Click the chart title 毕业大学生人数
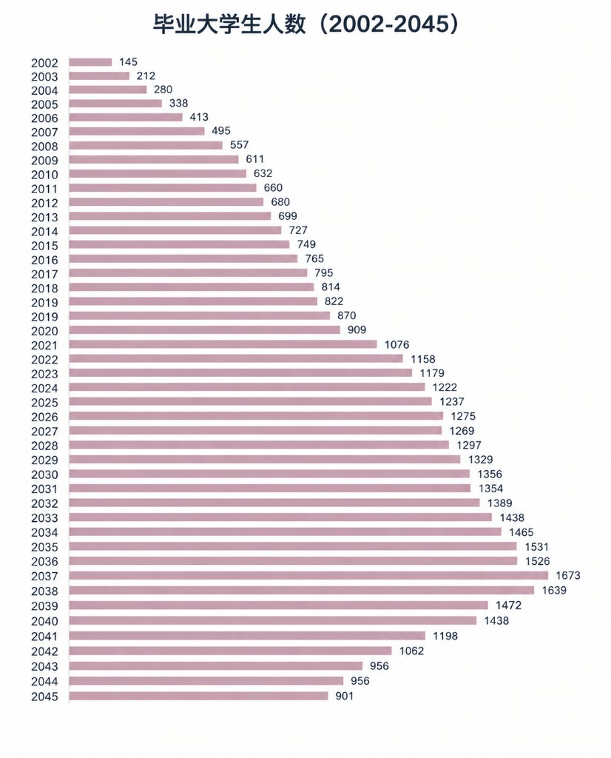coord(230,25)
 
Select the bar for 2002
coord(90,62)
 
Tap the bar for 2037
coord(308,575)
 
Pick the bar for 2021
coord(223,344)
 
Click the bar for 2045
coord(198,696)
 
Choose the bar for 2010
coord(158,173)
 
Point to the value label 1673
coord(568,575)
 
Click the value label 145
coord(129,62)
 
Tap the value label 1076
coord(396,345)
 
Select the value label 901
coord(345,696)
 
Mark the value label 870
coord(347,315)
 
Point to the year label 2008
coord(44,147)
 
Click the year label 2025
coord(44,403)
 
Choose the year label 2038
coord(44,591)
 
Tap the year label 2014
coord(44,232)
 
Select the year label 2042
coord(44,651)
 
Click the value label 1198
coord(445,636)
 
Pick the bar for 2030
coord(269,474)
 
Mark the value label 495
coord(221,130)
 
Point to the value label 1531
coord(536,547)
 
